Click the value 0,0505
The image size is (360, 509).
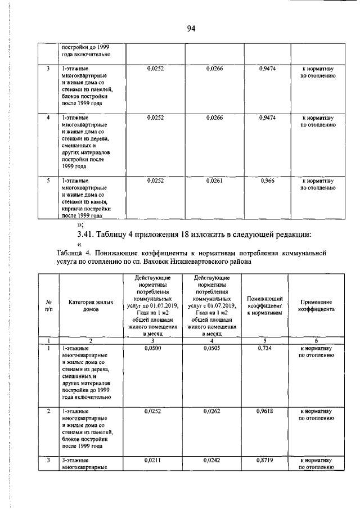pos(211,349)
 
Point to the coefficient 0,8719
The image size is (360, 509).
pos(266,460)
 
